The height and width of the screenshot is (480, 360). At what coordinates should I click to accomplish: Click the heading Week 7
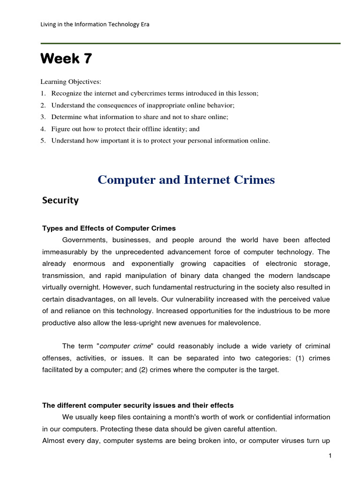pos(66,59)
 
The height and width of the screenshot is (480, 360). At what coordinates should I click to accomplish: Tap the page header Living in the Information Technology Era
pos(96,24)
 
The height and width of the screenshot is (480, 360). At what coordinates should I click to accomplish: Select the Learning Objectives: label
pos(70,82)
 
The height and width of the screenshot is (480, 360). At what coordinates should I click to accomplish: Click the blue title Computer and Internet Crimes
pos(186,180)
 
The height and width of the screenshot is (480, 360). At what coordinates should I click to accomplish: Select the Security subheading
pos(60,201)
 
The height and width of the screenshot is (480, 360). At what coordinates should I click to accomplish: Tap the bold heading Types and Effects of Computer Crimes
pos(109,228)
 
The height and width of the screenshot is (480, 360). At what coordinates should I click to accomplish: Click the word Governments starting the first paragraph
pos(84,240)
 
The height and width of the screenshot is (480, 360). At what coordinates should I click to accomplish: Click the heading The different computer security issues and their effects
pos(138,405)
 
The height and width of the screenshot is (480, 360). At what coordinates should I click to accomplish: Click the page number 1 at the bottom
pos(330,457)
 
